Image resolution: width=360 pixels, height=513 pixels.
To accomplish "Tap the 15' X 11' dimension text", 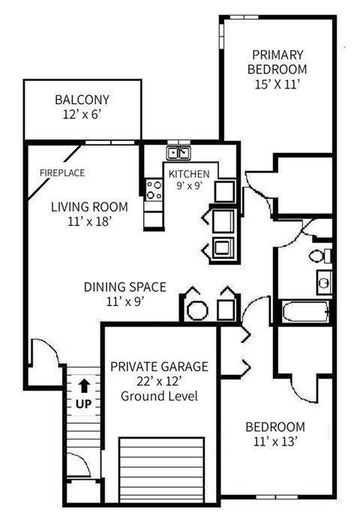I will coord(277,85).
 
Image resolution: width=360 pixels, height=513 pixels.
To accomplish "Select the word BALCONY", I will coord(82,100).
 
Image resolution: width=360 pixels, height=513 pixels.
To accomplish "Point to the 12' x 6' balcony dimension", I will coord(82,116).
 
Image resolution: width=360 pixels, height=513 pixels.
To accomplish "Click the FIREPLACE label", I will coord(61,173).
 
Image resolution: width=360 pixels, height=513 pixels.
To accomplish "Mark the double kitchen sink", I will coord(178,154).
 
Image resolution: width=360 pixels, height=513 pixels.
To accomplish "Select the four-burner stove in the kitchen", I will coord(154,190).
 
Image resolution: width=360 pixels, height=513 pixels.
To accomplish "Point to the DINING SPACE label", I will coord(124,286).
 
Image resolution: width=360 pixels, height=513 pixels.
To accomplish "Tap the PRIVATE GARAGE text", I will coord(159,367).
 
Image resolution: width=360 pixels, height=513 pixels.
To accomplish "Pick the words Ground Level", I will coord(159,395).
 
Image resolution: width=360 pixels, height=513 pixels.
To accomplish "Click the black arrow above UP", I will coord(84,386).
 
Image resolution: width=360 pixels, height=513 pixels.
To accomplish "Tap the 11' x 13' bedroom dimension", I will coord(275,442).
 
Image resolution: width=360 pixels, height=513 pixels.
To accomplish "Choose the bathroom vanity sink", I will coord(324,283).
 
